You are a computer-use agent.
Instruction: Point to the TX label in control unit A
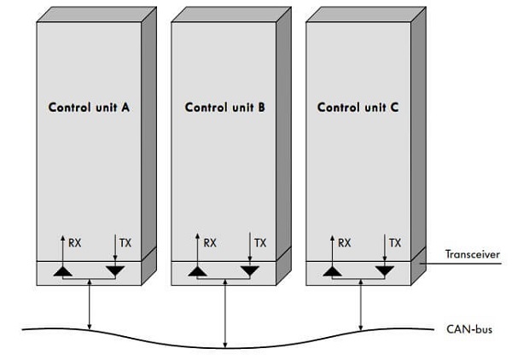[126, 243]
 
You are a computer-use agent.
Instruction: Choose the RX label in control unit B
[211, 243]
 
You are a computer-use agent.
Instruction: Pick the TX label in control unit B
[260, 243]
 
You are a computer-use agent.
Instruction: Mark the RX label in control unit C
[345, 243]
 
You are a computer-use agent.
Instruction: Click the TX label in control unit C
[395, 243]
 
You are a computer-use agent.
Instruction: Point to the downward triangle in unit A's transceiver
[114, 271]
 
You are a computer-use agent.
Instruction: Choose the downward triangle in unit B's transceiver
[249, 271]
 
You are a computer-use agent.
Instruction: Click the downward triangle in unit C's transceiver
[385, 271]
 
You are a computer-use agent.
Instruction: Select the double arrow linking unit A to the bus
[90, 303]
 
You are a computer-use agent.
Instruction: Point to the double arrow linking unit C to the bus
[360, 303]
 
